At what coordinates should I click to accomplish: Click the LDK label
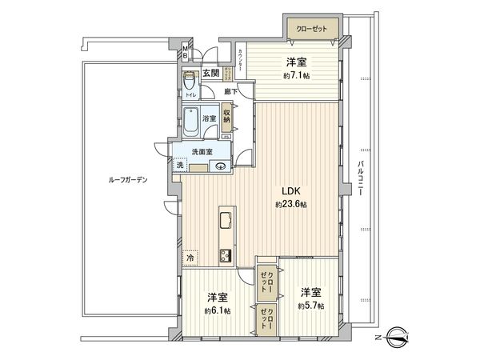pyautogui.click(x=289, y=190)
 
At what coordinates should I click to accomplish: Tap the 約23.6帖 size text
pyautogui.click(x=289, y=205)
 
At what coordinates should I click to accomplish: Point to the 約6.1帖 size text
pyautogui.click(x=217, y=310)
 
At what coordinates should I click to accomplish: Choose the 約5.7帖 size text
pyautogui.click(x=311, y=306)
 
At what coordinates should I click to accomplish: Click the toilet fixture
pyautogui.click(x=190, y=82)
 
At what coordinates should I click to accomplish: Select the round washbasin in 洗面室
pyautogui.click(x=220, y=166)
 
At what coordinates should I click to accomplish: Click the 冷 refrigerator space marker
pyautogui.click(x=190, y=258)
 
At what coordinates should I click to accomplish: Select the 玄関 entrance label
pyautogui.click(x=210, y=74)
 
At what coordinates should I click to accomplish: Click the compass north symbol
pyautogui.click(x=397, y=336)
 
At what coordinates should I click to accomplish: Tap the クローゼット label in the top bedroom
pyautogui.click(x=311, y=30)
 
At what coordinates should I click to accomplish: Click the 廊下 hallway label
pyautogui.click(x=230, y=92)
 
